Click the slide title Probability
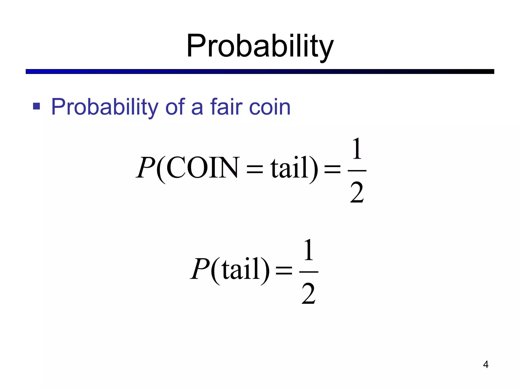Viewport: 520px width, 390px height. click(260, 46)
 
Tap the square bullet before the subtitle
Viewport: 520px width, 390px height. click(37, 106)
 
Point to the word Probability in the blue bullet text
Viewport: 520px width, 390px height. click(105, 107)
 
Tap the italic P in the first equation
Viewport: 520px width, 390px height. click(146, 168)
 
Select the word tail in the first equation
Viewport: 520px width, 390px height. click(289, 168)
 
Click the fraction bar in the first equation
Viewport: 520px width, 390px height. click(357, 171)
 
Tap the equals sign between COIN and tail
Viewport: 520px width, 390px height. click(255, 169)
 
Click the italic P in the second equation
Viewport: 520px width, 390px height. click(200, 269)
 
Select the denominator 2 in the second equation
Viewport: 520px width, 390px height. click(308, 294)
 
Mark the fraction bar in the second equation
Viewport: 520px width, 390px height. click(309, 272)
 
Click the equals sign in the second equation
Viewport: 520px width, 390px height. click(284, 270)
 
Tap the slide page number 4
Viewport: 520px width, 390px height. click(486, 365)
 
